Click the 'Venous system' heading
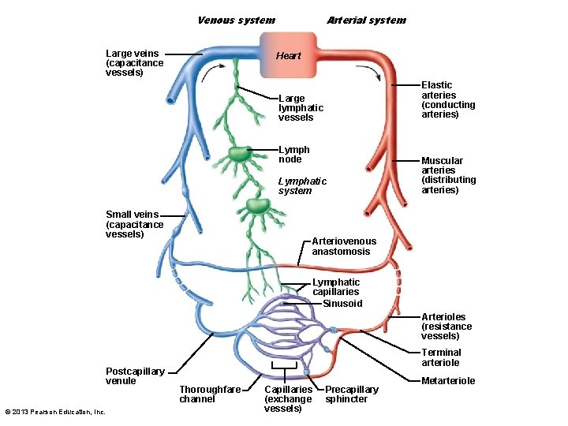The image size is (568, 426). (236, 21)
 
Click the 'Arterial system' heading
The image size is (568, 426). (366, 21)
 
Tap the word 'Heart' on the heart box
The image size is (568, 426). (289, 56)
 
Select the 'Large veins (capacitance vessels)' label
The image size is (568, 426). (135, 63)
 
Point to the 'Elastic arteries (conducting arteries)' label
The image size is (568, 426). (448, 99)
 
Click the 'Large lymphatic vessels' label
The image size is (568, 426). (301, 108)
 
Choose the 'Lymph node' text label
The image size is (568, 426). (294, 155)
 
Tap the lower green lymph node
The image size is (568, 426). (257, 206)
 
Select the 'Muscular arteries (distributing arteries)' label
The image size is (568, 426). (448, 175)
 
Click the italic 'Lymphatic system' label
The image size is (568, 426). (302, 186)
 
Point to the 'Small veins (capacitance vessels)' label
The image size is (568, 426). (134, 224)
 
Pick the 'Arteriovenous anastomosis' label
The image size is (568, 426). (344, 246)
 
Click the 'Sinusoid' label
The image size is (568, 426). (342, 304)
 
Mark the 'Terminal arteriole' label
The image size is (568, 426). (442, 357)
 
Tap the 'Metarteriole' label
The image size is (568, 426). (448, 381)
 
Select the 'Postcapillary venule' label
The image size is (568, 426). (135, 376)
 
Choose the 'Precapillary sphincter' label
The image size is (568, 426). (351, 394)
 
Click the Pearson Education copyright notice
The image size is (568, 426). (55, 412)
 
